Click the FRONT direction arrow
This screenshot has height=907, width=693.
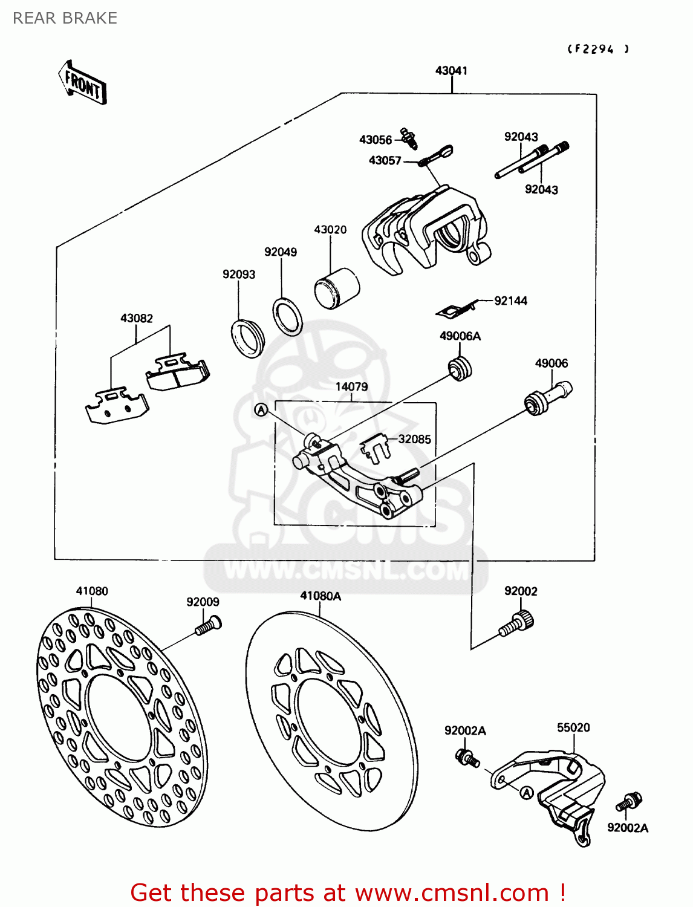(83, 83)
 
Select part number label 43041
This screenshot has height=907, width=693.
(451, 71)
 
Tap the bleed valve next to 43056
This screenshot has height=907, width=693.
(409, 138)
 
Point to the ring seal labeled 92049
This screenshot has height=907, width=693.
(288, 316)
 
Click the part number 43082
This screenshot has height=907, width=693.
(137, 318)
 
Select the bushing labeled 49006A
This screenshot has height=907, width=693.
(460, 369)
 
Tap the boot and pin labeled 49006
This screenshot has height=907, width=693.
(548, 397)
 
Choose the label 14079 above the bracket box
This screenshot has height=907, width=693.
(351, 386)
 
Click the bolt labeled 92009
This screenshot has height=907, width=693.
(208, 625)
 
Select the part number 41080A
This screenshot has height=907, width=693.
(320, 596)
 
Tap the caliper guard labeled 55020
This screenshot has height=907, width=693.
(556, 786)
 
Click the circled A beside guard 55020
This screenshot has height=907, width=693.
(526, 793)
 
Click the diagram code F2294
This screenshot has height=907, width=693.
(597, 50)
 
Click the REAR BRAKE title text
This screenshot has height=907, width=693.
(65, 18)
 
